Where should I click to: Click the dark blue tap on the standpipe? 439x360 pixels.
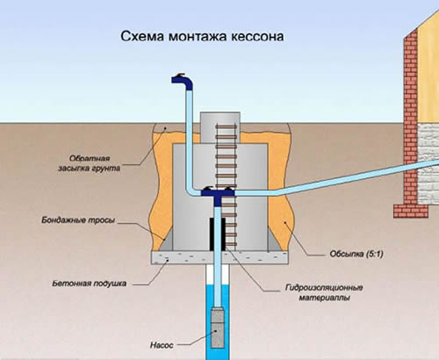coord(183,83)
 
